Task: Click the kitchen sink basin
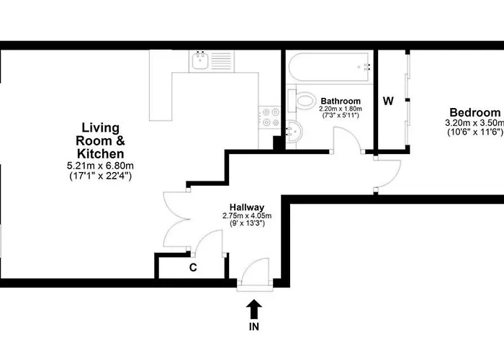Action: [x=200, y=62]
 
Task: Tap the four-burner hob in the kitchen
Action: [x=270, y=117]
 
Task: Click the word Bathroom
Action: [x=341, y=101]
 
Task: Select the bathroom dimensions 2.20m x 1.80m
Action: [x=340, y=109]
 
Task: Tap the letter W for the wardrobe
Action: [x=387, y=101]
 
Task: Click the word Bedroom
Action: [x=474, y=112]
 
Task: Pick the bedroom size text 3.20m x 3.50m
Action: [x=474, y=123]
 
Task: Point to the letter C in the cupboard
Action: [x=193, y=268]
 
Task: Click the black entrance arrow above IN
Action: [x=253, y=308]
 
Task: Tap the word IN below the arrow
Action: [x=253, y=326]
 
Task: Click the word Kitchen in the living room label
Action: [x=100, y=153]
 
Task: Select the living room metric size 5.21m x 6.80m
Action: [x=100, y=166]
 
